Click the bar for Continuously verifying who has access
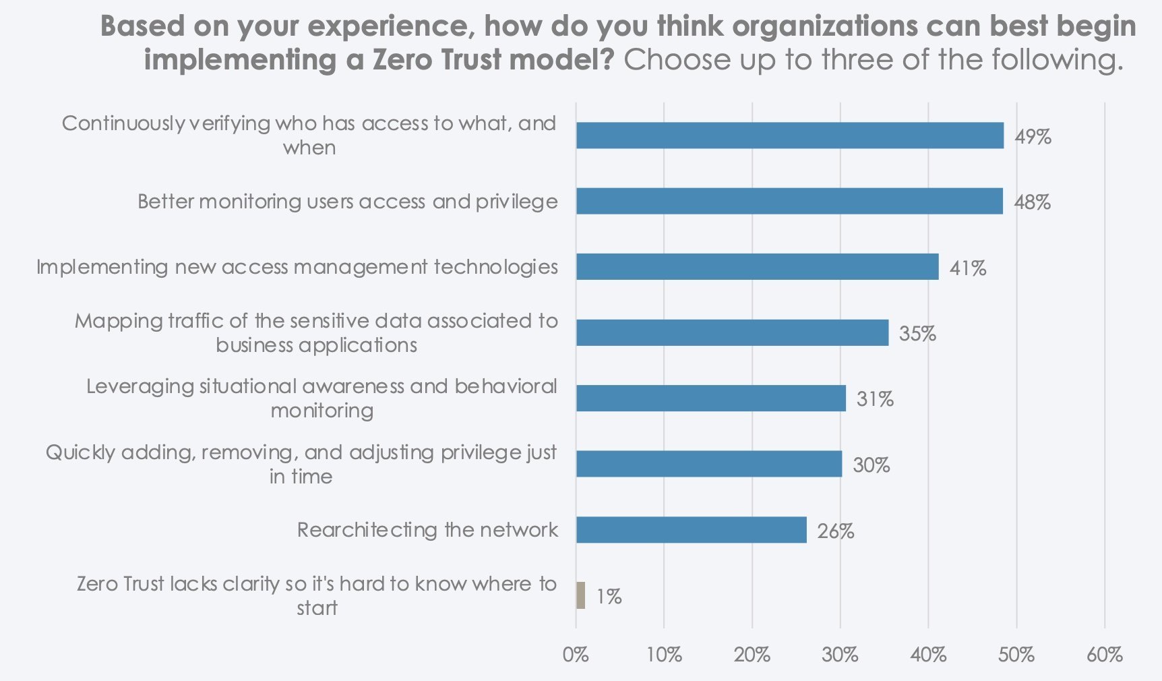pos(789,136)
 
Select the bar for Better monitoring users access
pos(789,201)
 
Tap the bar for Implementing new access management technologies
pos(757,267)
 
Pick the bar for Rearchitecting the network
pos(691,530)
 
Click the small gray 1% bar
pos(580,595)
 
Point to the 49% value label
pos(1033,137)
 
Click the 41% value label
pos(968,268)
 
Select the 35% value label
pos(917,334)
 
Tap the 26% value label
pos(836,531)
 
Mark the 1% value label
pos(609,597)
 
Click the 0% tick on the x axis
pos(576,655)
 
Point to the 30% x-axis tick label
pos(840,655)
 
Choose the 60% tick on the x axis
pos(1104,655)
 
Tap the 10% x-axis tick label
pos(664,655)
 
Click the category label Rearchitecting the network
pos(427,530)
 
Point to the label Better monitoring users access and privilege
pos(348,202)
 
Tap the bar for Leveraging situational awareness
pos(710,398)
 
